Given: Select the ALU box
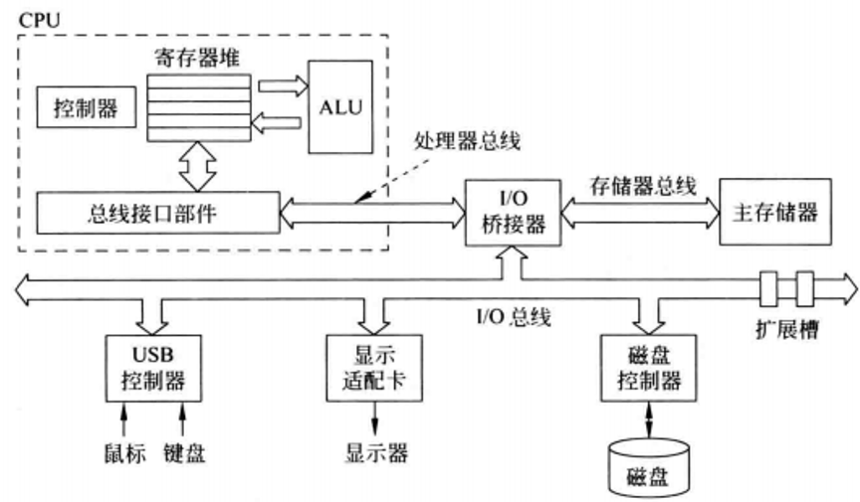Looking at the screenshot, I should pos(340,106).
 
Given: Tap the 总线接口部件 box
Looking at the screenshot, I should pos(154,211).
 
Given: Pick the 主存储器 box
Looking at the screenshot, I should pos(772,212).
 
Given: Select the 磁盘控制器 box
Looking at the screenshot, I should pos(647,367).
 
